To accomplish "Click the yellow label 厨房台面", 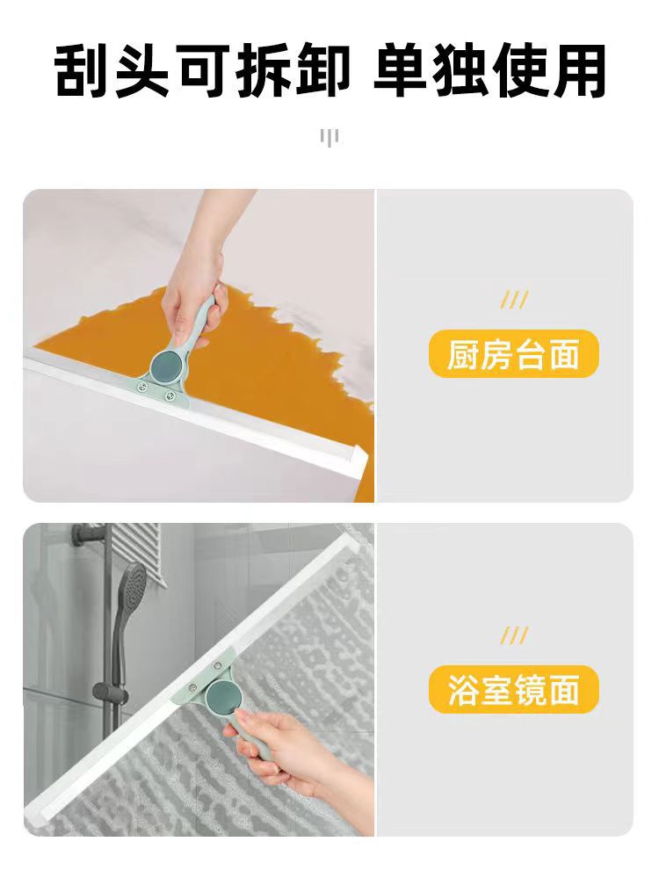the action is pyautogui.click(x=513, y=354).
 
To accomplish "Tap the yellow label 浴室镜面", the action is pyautogui.click(x=513, y=689).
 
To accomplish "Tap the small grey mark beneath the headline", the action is pyautogui.click(x=329, y=137).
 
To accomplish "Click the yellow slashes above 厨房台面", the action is pyautogui.click(x=514, y=300).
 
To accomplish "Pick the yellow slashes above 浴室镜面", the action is pyautogui.click(x=514, y=635).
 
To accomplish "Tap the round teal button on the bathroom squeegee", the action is pyautogui.click(x=221, y=695).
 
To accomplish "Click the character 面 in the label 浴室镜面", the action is pyautogui.click(x=563, y=690).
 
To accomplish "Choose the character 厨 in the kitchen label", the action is pyautogui.click(x=464, y=354).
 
